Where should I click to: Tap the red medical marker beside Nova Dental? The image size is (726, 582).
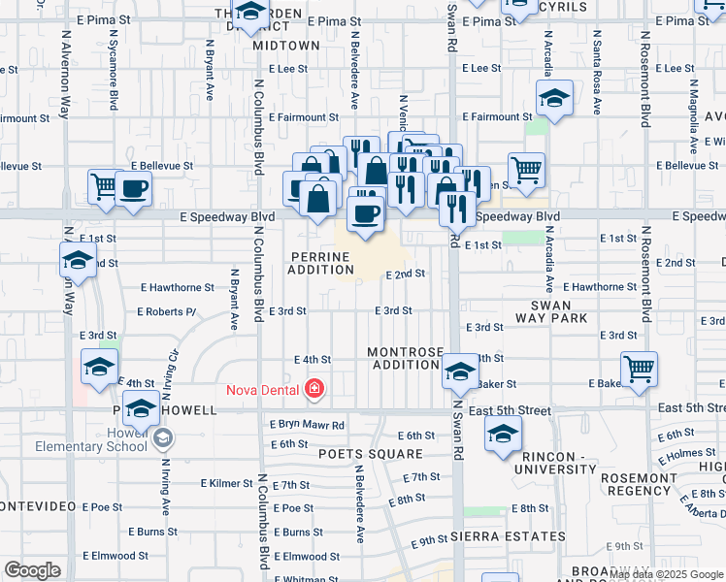point(313,390)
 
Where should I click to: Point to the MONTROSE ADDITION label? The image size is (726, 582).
point(405,358)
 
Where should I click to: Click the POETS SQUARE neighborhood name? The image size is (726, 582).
point(375,454)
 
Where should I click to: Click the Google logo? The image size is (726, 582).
point(32,570)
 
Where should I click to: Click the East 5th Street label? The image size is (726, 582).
point(509,411)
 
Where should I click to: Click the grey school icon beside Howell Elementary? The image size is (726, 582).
point(163,439)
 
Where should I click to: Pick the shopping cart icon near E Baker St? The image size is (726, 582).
point(639,369)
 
